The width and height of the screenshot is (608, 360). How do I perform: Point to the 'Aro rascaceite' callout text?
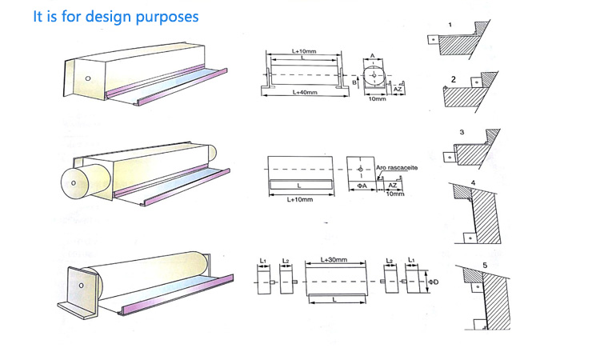point(386,169)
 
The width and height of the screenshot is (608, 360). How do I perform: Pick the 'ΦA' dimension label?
point(361,186)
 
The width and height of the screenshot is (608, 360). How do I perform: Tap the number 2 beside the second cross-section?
point(453,79)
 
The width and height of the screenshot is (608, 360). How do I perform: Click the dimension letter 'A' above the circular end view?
point(373,57)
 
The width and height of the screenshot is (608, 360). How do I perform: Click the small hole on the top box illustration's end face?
point(87,78)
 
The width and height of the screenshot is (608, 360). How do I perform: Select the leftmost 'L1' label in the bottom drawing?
point(262,260)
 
